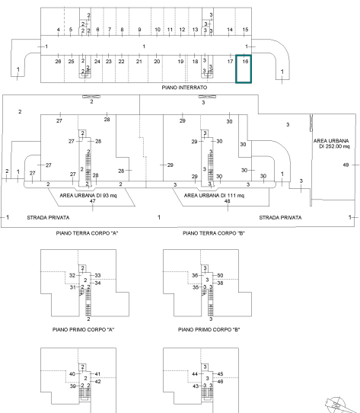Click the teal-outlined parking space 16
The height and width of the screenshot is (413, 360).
click(x=244, y=69)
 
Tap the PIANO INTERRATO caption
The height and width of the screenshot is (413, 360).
click(x=184, y=88)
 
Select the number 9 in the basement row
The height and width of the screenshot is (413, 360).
click(x=139, y=30)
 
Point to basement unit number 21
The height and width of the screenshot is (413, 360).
click(x=139, y=62)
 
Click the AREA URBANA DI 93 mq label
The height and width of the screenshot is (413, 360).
click(x=88, y=195)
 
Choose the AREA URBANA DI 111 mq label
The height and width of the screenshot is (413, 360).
click(x=214, y=195)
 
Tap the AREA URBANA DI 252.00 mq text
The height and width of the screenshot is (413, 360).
click(x=332, y=143)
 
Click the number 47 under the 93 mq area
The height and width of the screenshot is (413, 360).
click(x=92, y=201)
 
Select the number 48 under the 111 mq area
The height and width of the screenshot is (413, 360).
click(x=227, y=201)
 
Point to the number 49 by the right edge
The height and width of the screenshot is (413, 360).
click(x=346, y=165)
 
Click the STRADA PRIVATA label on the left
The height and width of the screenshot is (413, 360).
click(x=48, y=218)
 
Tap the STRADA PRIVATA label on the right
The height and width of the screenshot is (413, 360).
click(x=280, y=218)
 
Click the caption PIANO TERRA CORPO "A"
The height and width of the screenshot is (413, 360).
click(x=87, y=233)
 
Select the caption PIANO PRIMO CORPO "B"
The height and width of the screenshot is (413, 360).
click(x=209, y=329)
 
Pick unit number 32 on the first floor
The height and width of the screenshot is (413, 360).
click(x=72, y=276)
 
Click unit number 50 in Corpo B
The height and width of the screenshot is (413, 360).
click(x=220, y=276)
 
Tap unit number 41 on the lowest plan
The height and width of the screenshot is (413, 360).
click(x=97, y=373)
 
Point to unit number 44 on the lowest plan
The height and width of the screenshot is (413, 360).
click(x=195, y=373)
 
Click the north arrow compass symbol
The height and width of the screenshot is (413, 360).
click(x=338, y=405)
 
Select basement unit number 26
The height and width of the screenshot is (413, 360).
click(x=58, y=62)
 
